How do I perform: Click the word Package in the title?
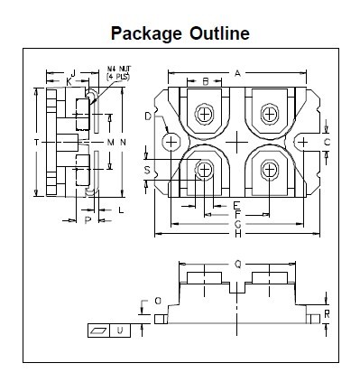coord(146,33)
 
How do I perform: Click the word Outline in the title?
coord(219,33)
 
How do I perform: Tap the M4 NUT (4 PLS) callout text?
coord(119,73)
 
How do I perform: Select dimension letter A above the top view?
coord(237,73)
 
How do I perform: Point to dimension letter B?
coord(206,81)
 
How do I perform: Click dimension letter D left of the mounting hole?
coord(148,116)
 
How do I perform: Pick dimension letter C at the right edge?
coord(327,142)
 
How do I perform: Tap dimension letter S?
coord(147,171)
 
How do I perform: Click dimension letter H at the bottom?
coord(238,234)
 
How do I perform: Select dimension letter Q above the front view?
coord(237,265)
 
